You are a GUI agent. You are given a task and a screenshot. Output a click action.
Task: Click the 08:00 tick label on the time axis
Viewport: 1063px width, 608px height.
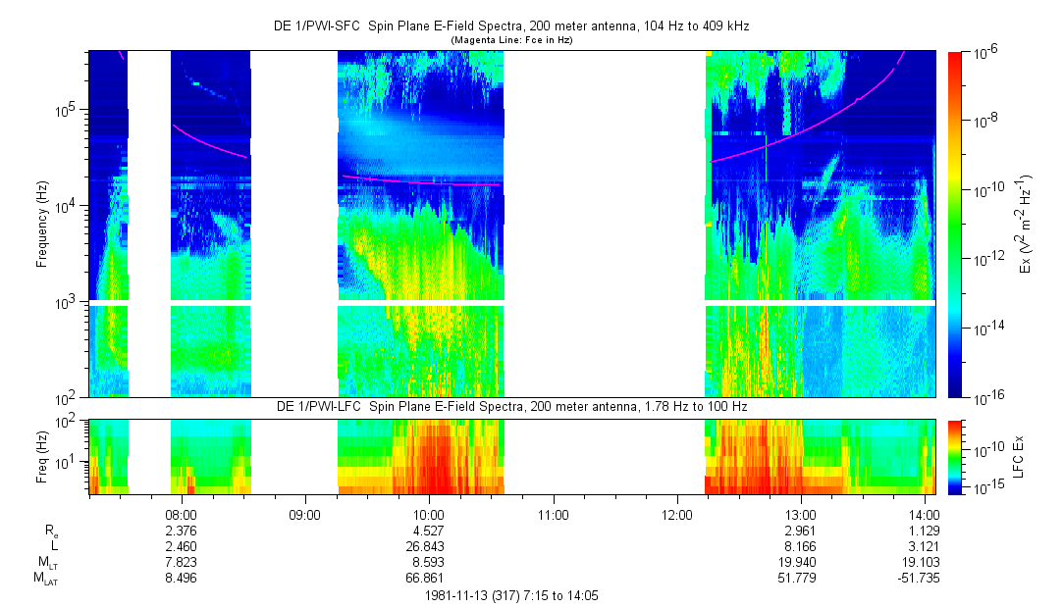point(182,514)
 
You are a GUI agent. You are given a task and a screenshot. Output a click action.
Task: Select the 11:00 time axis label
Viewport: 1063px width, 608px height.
point(554,514)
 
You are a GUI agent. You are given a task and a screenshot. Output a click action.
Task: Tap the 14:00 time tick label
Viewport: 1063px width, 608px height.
point(924,514)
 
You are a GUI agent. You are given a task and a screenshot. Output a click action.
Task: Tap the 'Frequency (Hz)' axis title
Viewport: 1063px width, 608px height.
point(42,224)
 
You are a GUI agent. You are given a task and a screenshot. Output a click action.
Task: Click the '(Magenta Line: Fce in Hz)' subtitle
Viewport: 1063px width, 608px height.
point(510,40)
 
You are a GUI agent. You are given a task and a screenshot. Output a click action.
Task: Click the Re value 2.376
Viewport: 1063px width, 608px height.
point(182,531)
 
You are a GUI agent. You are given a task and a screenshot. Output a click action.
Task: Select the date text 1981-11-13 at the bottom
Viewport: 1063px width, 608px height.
point(460,595)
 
